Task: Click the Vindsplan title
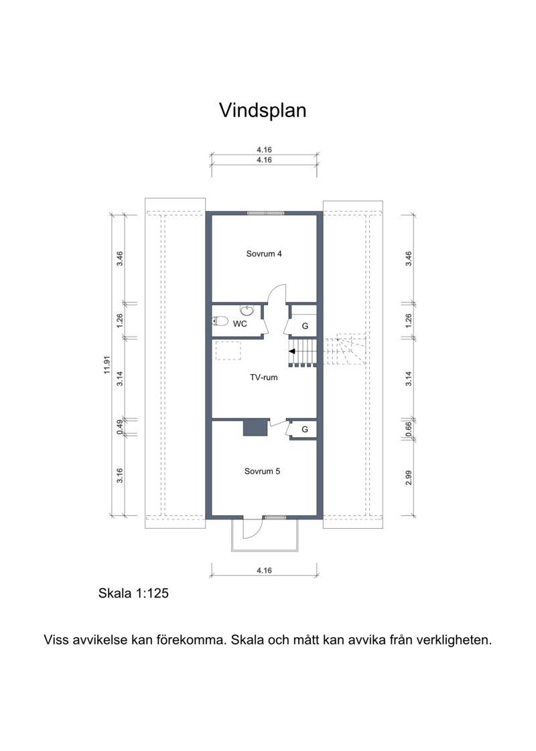point(263,110)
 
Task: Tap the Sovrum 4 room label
point(264,254)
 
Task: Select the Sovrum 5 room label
point(262,471)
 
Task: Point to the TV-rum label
point(264,378)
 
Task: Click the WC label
point(240,324)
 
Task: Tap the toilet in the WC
point(220,321)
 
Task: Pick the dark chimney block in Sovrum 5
point(255,427)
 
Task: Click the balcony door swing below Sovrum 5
point(253,528)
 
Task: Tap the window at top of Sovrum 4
point(265,213)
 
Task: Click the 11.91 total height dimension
point(107,365)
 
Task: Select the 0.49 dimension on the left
point(121,427)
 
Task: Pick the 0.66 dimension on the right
point(409,429)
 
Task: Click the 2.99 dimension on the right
point(409,477)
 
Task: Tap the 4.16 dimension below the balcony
point(264,570)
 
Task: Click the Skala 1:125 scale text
point(133,594)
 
